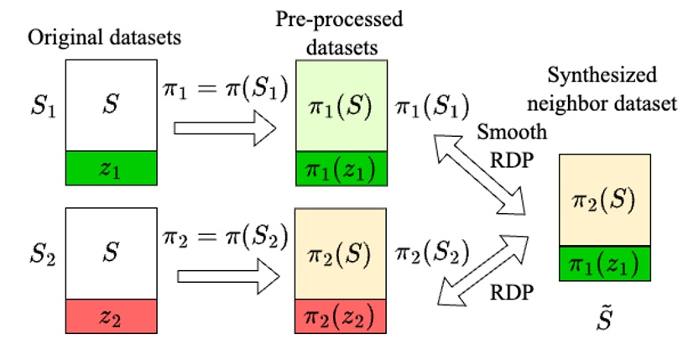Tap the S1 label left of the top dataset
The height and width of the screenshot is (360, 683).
coord(41,108)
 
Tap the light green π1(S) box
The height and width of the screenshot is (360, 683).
coord(340,107)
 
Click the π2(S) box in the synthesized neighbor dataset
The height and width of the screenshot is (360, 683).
coord(605,201)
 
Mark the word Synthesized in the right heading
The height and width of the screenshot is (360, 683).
coord(602,76)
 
